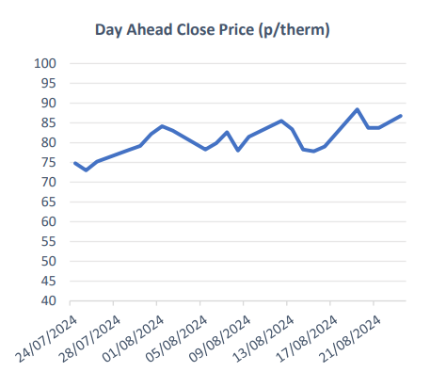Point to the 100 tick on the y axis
click(46, 63)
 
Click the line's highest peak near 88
click(357, 109)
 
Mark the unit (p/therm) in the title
click(295, 30)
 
